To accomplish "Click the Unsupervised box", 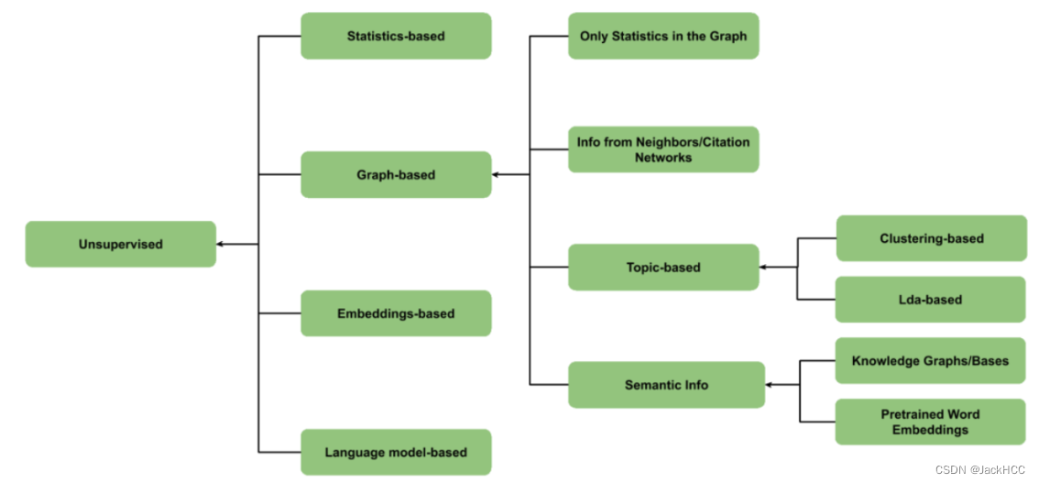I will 120,244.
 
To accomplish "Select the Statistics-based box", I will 396,36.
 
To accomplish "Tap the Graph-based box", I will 396,174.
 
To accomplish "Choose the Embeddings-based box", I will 396,313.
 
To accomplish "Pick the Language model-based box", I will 396,452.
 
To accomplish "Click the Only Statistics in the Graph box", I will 663,36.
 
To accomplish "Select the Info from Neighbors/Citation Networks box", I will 663,149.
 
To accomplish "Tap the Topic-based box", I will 663,268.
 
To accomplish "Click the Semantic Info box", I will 666,385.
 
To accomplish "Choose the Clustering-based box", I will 931,238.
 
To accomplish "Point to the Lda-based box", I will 931,300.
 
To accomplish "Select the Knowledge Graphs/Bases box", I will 931,360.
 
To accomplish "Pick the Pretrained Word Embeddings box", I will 931,422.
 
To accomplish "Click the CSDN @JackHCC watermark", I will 981,469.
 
